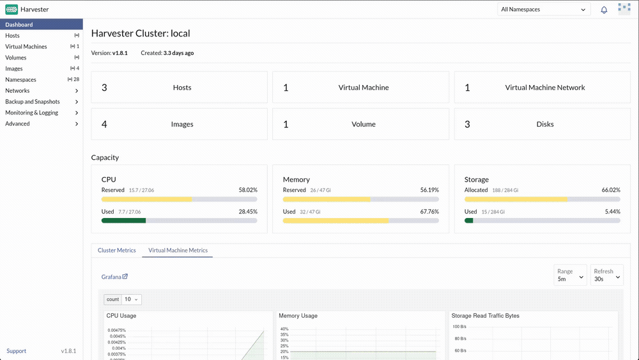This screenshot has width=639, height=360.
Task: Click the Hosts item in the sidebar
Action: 12,35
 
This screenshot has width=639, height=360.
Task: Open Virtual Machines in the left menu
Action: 26,47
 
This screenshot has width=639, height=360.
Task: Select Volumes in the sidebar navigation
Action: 16,58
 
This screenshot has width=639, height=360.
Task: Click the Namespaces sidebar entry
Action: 21,79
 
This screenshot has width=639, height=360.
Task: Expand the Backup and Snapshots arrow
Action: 77,102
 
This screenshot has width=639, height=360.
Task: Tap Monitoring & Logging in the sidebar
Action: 32,113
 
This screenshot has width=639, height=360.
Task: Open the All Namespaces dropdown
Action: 544,10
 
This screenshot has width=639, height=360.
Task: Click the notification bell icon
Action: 604,10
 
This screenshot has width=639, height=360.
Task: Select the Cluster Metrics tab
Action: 116,250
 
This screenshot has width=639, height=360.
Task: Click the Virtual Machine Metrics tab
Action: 178,250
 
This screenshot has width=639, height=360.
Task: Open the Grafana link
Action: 114,277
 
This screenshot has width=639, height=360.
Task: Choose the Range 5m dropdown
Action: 570,275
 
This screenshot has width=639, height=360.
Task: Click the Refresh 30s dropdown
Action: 607,275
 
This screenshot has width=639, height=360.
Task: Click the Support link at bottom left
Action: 17,351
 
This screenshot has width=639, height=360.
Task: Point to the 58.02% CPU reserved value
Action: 248,190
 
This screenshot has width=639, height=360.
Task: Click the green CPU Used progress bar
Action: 123,221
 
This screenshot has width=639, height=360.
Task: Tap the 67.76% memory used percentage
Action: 429,212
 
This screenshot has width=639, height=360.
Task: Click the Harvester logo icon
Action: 12,10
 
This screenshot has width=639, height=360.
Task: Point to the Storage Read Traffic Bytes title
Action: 486,316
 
